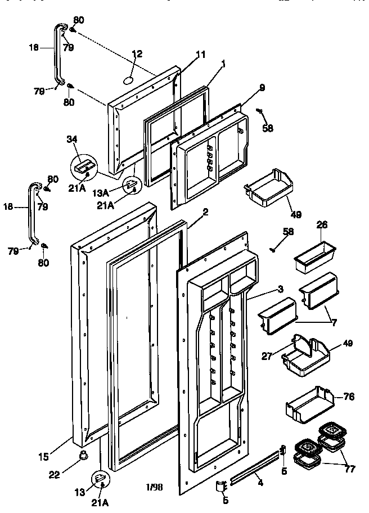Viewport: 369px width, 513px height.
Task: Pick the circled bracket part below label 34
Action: (x=83, y=166)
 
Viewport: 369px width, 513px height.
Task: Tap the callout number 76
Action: (x=349, y=397)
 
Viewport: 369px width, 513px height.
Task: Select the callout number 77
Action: (x=350, y=469)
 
